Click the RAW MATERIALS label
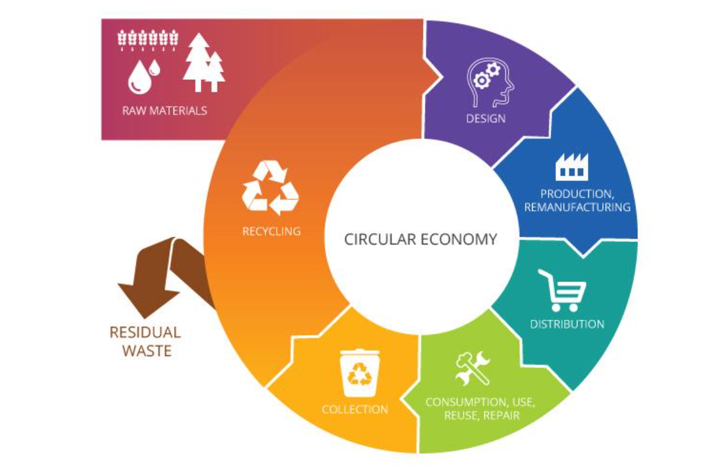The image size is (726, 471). (x=165, y=110)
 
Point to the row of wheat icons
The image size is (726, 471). (x=148, y=40)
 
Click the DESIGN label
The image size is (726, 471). (x=485, y=119)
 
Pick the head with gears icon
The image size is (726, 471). (x=490, y=82)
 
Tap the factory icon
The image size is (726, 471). (x=572, y=167)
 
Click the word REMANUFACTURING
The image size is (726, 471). (x=577, y=207)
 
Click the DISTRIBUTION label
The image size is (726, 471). (x=567, y=324)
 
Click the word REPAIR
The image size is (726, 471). (x=501, y=415)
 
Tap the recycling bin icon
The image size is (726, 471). (x=360, y=373)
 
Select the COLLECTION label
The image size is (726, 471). (x=355, y=409)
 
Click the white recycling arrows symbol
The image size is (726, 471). (x=270, y=188)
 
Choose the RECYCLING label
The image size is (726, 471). (x=271, y=231)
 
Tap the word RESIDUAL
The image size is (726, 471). (x=145, y=333)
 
